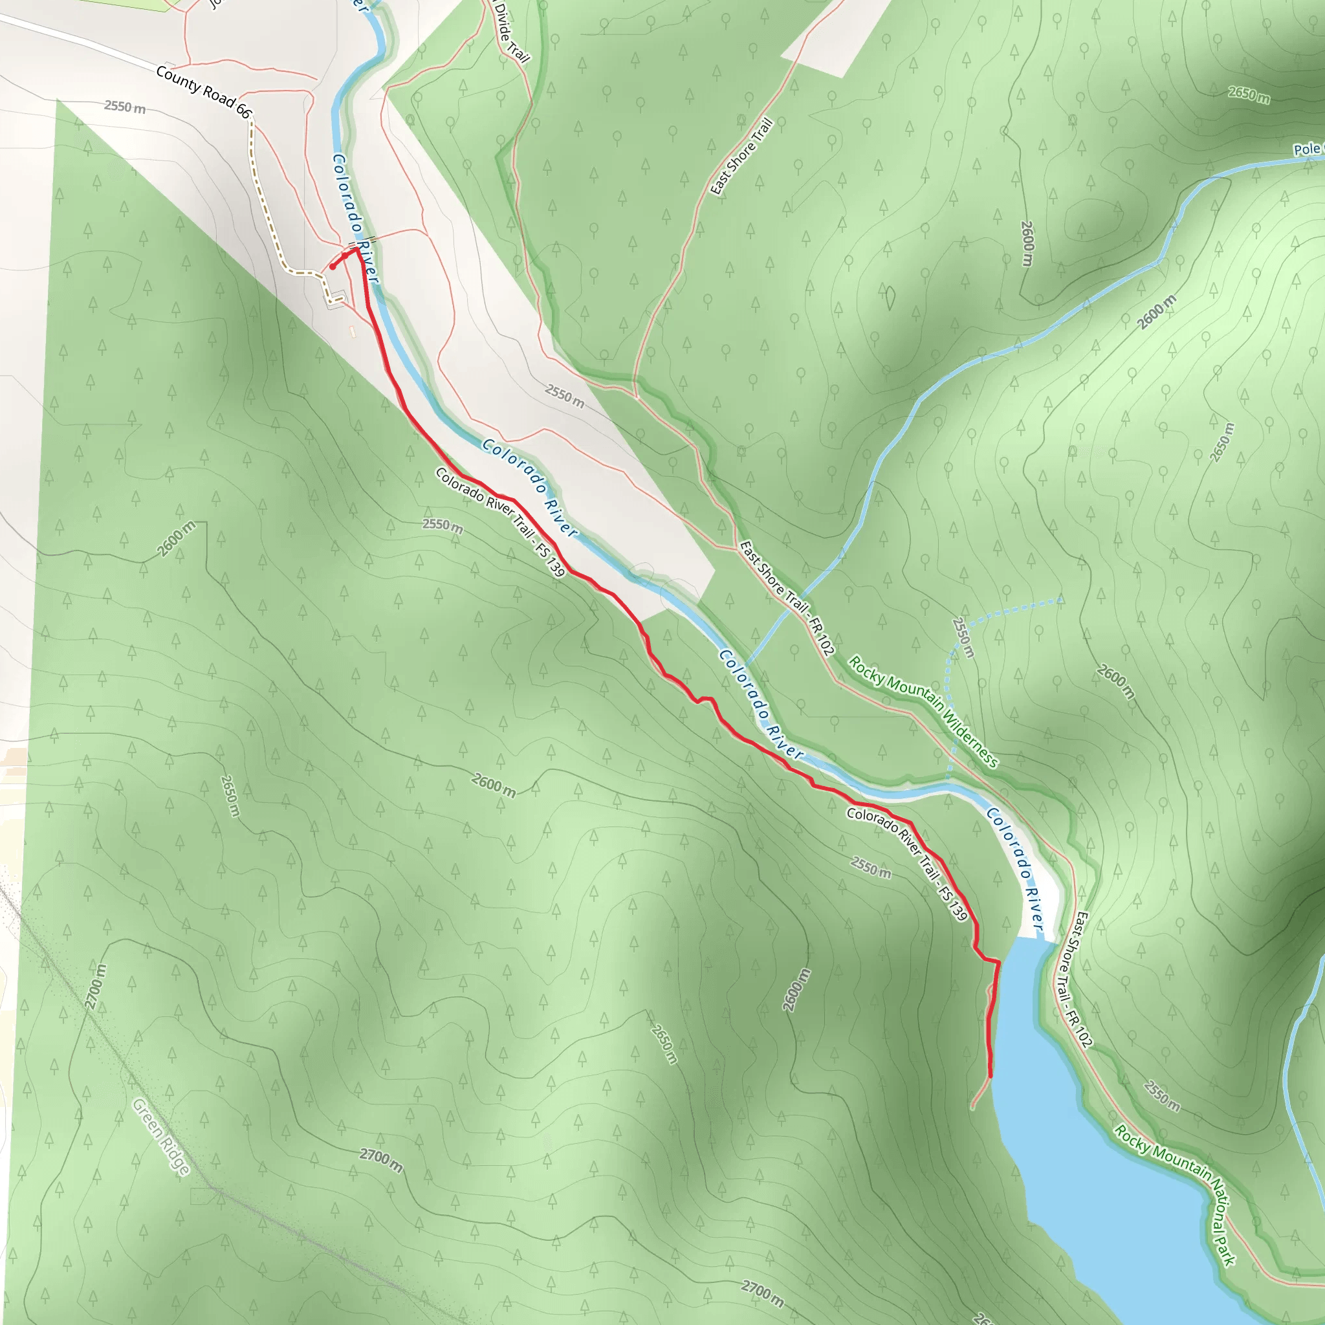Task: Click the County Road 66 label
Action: pyautogui.click(x=204, y=92)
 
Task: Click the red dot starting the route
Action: pyautogui.click(x=332, y=267)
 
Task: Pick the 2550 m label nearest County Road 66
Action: pyautogui.click(x=125, y=107)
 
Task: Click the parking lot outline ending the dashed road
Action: pyautogui.click(x=335, y=300)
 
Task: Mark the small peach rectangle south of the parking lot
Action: pyautogui.click(x=353, y=331)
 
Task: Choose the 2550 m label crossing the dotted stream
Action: pyautogui.click(x=963, y=637)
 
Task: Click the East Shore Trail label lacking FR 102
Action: pyautogui.click(x=741, y=157)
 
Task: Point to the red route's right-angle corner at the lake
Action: pyautogui.click(x=998, y=963)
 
